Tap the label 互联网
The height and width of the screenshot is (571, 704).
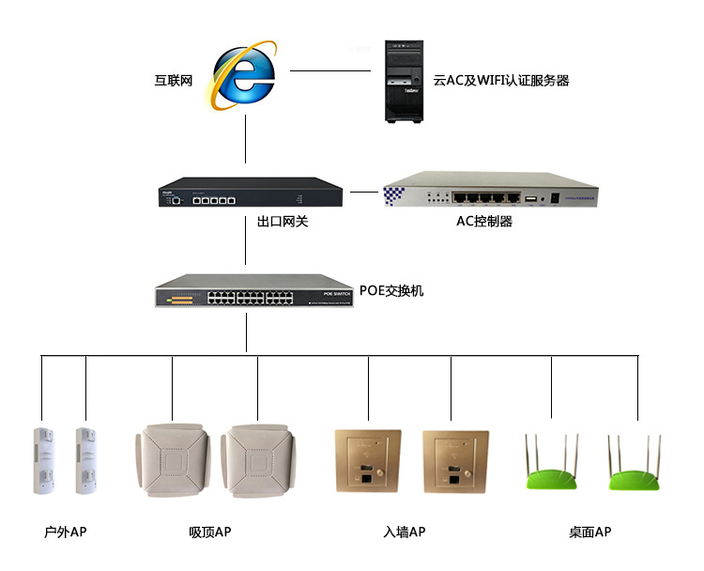click(174, 81)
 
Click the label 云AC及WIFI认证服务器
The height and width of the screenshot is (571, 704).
click(501, 81)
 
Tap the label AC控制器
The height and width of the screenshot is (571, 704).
click(484, 223)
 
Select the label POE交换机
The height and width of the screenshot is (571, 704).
click(391, 291)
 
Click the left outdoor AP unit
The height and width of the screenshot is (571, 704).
click(43, 461)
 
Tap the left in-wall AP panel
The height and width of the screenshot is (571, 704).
click(368, 461)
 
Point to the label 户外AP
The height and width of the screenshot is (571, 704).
click(65, 532)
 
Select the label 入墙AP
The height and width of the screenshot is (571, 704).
click(405, 532)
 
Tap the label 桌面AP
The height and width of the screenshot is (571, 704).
click(589, 532)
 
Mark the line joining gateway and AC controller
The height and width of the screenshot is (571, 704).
click(365, 192)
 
